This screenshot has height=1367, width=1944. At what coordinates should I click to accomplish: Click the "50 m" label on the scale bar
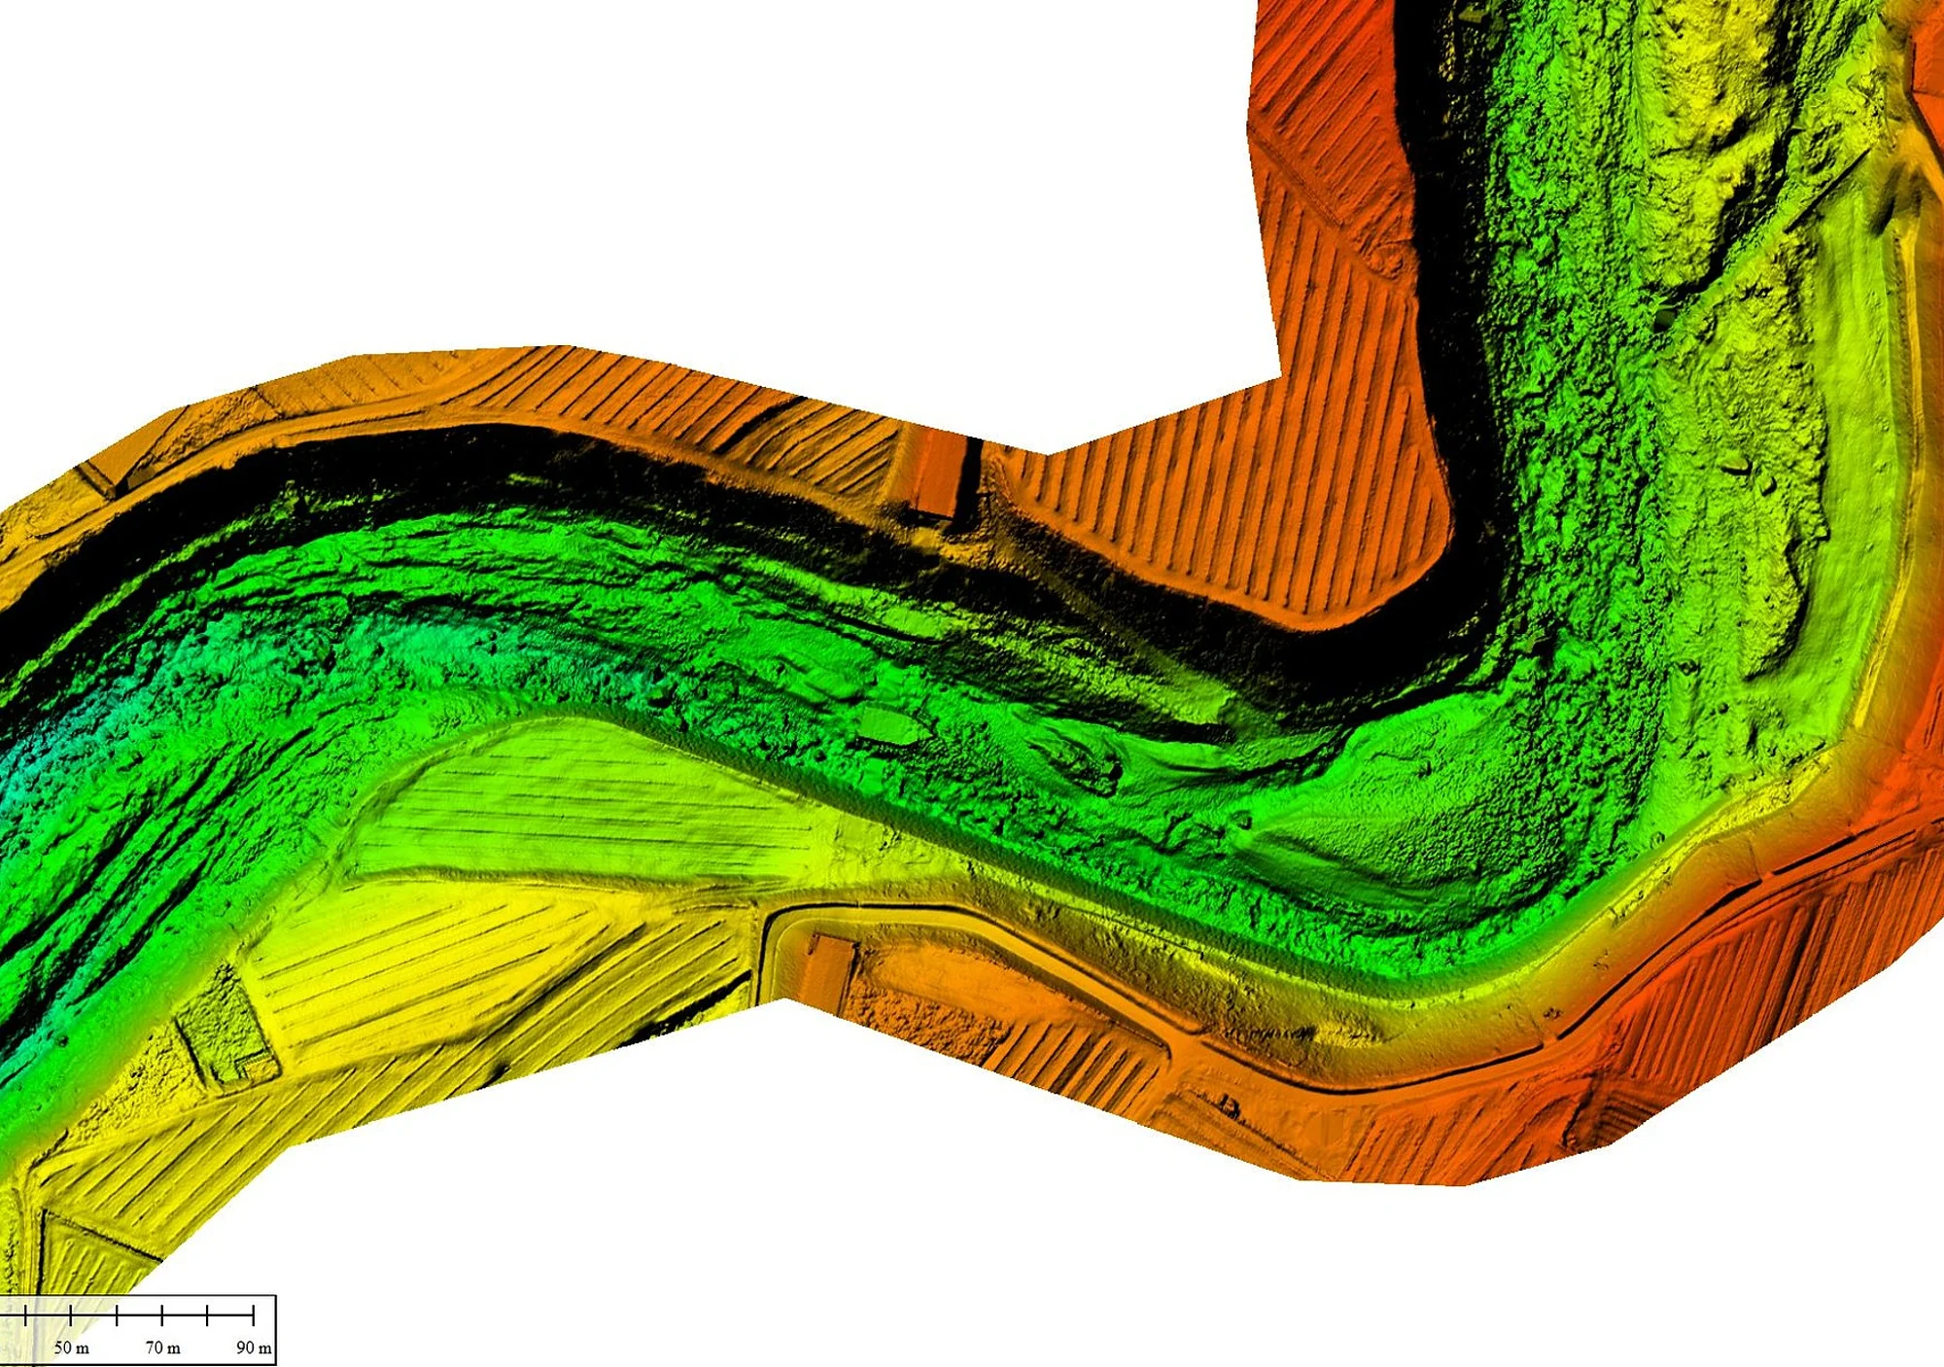[71, 1348]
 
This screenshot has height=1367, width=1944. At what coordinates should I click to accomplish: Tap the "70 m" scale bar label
[162, 1348]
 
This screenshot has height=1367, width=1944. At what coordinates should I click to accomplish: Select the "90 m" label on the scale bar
[254, 1348]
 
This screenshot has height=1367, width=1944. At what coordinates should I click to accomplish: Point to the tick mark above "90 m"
[253, 1315]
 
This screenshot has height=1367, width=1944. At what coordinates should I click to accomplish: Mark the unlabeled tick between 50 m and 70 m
[117, 1315]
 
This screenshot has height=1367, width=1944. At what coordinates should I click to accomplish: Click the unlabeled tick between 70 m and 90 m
[207, 1315]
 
